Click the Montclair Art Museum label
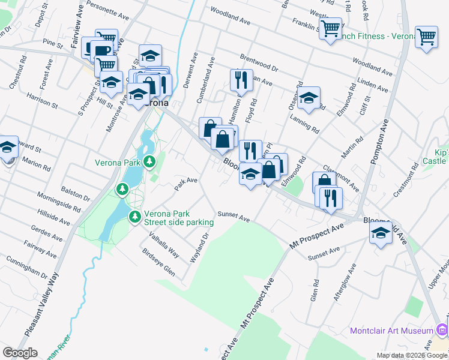tap(392, 331)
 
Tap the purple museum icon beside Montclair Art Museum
tap(442, 329)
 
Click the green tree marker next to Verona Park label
tap(149, 161)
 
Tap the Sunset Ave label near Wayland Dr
tap(233, 216)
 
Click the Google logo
tap(20, 353)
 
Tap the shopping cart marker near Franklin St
tap(330, 28)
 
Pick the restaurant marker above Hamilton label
tap(239, 79)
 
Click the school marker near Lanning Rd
tap(309, 98)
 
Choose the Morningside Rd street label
tap(59, 201)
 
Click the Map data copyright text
tap(411, 355)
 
